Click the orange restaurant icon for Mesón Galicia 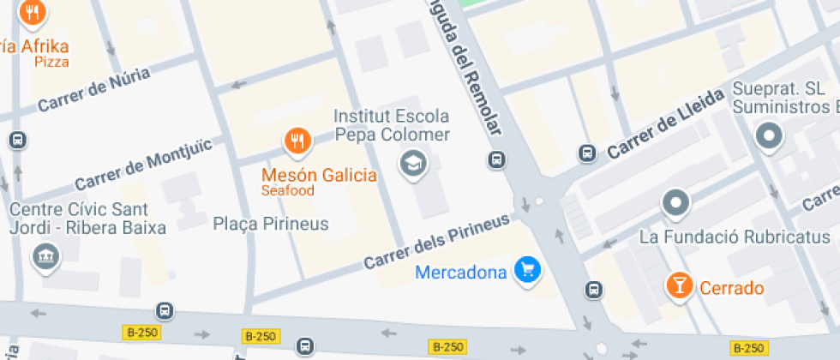click(x=297, y=141)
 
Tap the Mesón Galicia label click(x=319, y=175)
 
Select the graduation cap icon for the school click(x=414, y=163)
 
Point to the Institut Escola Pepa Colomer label click(x=391, y=125)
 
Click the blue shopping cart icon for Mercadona click(x=526, y=272)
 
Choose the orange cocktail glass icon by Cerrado click(x=681, y=287)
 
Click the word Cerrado click(x=731, y=288)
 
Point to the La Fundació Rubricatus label click(x=735, y=236)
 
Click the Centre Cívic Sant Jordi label click(x=78, y=218)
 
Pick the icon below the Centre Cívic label click(x=42, y=256)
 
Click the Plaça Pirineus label click(x=271, y=225)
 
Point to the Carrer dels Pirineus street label click(x=436, y=242)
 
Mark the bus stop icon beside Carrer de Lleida click(x=587, y=153)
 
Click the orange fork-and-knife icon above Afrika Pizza click(x=33, y=12)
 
